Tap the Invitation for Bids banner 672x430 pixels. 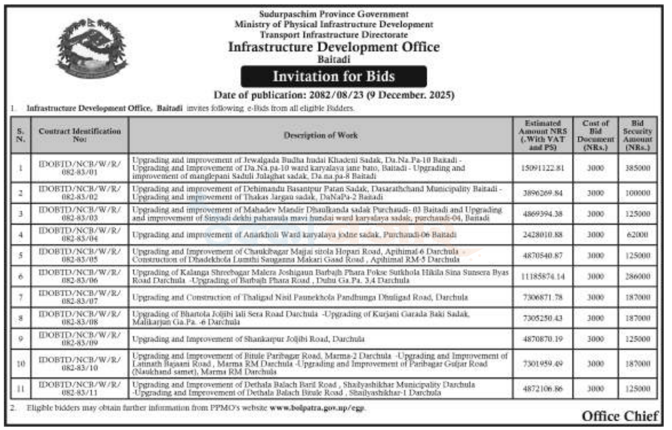tap(334, 76)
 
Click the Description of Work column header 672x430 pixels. tap(321, 135)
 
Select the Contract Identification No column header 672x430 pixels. tap(80, 135)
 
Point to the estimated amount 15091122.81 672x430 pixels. tap(543, 169)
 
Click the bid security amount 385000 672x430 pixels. tap(637, 169)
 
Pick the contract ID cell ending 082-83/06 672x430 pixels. tap(80, 277)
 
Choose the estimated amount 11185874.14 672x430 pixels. tap(543, 277)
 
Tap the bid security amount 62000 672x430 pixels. tap(637, 234)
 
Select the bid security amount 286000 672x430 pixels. tap(637, 277)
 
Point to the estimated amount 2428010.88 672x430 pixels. tap(543, 234)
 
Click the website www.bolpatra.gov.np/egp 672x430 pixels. tap(317, 408)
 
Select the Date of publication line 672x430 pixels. tap(334, 95)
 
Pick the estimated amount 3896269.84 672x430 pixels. tap(543, 193)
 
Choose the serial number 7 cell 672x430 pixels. tap(20, 297)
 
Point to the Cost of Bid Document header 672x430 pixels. tap(592, 135)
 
